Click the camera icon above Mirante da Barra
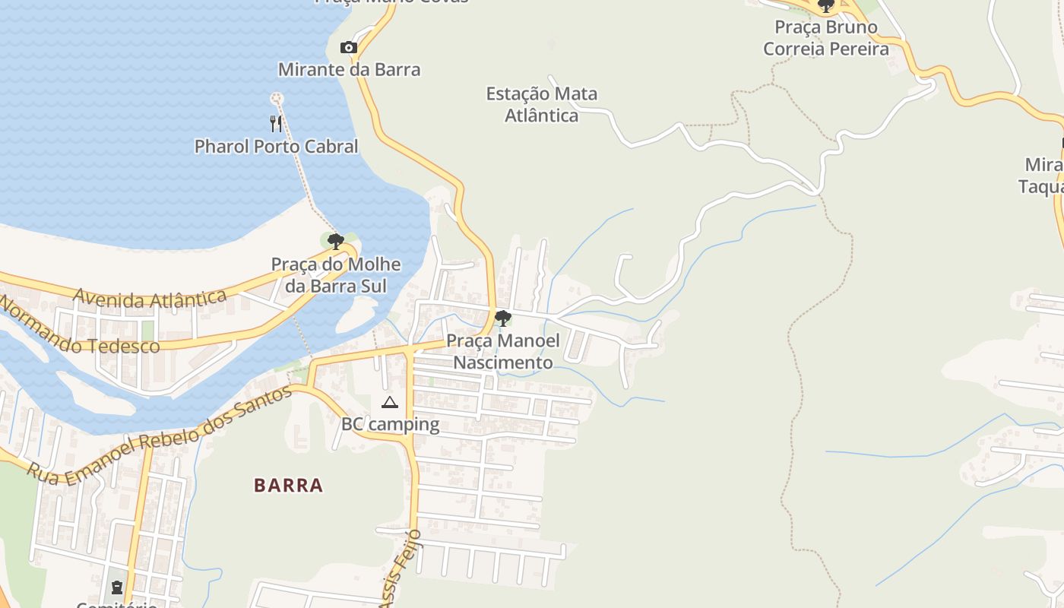tap(349, 48)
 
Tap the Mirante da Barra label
tap(349, 70)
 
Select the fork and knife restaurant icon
tap(276, 123)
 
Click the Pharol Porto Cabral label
tap(276, 147)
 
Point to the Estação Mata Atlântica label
tap(542, 105)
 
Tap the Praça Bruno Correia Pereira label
tap(826, 38)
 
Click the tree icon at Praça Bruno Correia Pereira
tap(826, 7)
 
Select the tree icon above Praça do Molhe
tap(335, 242)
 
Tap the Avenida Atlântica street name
tap(150, 299)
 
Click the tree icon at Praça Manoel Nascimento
tap(502, 318)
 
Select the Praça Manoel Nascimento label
tap(502, 352)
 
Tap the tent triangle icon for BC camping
tap(390, 402)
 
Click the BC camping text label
tap(390, 425)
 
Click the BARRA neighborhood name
tap(289, 486)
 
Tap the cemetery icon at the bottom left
tap(117, 587)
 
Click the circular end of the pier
tap(276, 98)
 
